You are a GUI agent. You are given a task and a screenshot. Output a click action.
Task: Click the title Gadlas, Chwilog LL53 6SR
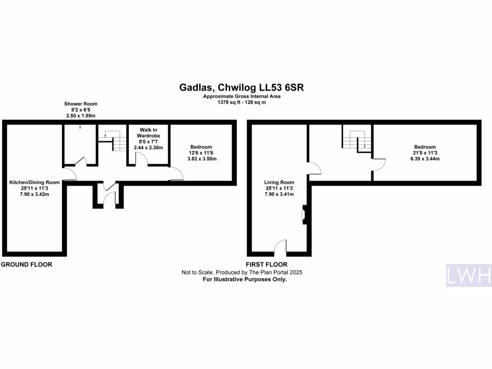pyautogui.click(x=242, y=87)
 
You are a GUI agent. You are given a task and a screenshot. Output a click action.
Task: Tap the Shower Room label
pyautogui.click(x=81, y=104)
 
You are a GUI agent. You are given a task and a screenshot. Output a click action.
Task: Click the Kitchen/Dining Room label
pyautogui.click(x=35, y=182)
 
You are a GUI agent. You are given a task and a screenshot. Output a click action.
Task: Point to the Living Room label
pyautogui.click(x=279, y=182)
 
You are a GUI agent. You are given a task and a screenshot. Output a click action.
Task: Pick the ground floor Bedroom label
pyautogui.click(x=201, y=147)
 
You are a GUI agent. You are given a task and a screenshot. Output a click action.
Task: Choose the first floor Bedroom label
pyautogui.click(x=425, y=147)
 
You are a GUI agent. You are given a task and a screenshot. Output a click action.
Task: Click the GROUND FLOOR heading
pyautogui.click(x=26, y=265)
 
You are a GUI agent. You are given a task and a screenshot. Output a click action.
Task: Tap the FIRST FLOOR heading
pyautogui.click(x=267, y=265)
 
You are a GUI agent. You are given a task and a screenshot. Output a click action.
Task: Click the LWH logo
pyautogui.click(x=468, y=275)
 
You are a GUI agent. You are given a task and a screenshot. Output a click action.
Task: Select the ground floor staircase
pyautogui.click(x=112, y=139)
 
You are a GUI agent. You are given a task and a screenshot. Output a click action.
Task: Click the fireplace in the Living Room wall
pyautogui.click(x=304, y=214)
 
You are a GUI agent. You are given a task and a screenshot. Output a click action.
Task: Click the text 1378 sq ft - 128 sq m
pyautogui.click(x=242, y=102)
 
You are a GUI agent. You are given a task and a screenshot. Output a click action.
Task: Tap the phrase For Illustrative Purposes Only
pyautogui.click(x=245, y=279)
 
